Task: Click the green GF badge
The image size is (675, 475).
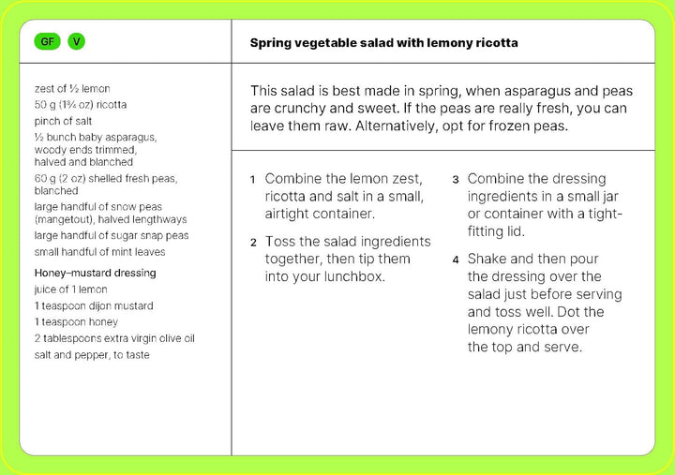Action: pyautogui.click(x=46, y=42)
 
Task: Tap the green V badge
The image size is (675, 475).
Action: pyautogui.click(x=76, y=42)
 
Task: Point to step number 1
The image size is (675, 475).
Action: pyautogui.click(x=253, y=179)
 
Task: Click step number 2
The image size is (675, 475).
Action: pyautogui.click(x=253, y=243)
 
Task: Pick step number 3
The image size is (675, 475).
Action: pyautogui.click(x=456, y=179)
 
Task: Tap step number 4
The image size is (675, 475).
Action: pyautogui.click(x=456, y=260)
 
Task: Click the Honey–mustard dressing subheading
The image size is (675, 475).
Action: pyautogui.click(x=95, y=273)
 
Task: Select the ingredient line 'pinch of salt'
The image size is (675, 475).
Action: pyautogui.click(x=63, y=121)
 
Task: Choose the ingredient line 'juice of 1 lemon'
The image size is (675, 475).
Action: pyautogui.click(x=71, y=289)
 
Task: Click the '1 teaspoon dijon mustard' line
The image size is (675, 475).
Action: pyautogui.click(x=94, y=305)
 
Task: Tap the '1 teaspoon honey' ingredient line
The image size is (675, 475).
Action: pyautogui.click(x=76, y=322)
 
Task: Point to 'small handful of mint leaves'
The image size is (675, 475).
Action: pyautogui.click(x=99, y=252)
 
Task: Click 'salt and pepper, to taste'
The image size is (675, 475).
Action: pyautogui.click(x=92, y=355)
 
